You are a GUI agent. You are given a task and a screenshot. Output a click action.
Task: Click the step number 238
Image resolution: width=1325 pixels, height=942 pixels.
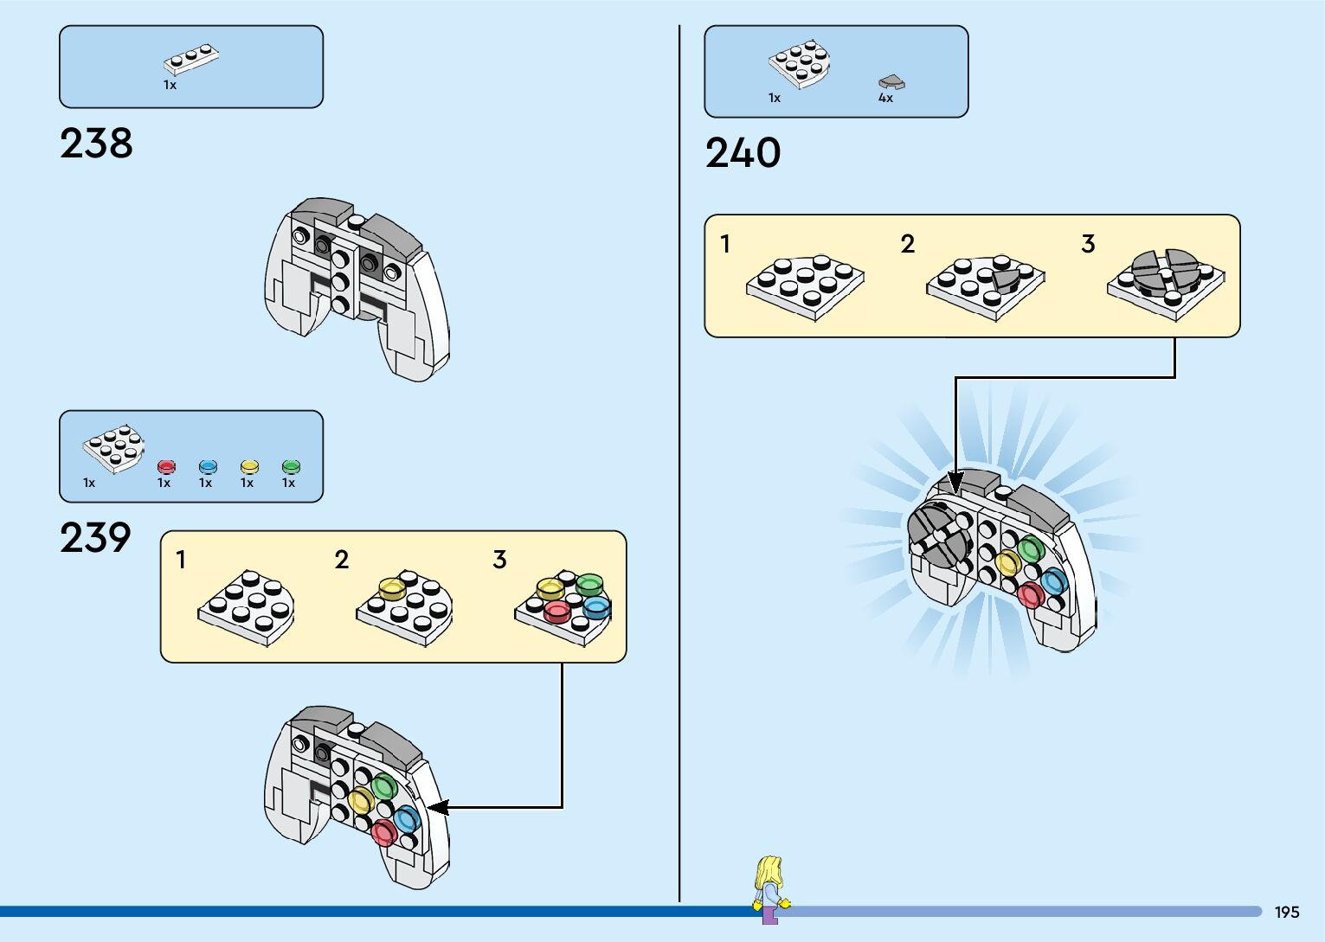96,144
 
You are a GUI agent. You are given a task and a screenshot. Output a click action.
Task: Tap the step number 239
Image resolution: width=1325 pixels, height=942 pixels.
95,538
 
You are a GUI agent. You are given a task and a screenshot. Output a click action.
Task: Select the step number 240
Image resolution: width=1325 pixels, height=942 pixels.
743,153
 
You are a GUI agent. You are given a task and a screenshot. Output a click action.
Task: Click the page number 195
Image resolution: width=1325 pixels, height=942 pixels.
1286,912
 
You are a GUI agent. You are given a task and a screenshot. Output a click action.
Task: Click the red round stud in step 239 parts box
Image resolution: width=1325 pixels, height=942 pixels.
166,467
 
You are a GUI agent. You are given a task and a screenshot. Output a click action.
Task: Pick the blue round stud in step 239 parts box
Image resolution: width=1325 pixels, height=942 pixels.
208,467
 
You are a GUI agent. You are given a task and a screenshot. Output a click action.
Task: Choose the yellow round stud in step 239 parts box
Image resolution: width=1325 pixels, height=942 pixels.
249,467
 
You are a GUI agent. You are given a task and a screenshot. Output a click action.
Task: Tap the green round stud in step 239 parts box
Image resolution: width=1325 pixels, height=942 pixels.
291,467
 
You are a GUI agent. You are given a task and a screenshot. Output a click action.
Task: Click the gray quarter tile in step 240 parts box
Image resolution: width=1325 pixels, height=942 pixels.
891,83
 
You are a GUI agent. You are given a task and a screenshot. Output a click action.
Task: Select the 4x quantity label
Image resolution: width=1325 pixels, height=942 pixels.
885,99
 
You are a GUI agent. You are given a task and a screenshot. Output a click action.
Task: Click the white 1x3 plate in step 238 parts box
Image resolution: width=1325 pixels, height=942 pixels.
191,59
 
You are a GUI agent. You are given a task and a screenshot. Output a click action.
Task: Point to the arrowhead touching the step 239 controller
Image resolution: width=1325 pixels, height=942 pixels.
437,807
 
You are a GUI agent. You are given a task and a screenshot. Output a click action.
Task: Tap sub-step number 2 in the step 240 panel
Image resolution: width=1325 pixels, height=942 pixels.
907,244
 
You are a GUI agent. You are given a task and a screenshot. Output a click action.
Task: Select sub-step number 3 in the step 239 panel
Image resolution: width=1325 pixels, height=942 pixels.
499,560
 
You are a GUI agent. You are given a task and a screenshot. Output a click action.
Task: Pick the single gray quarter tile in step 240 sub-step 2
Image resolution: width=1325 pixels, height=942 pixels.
1006,279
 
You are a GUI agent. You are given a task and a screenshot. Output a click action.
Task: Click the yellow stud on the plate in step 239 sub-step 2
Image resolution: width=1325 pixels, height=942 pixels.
392,588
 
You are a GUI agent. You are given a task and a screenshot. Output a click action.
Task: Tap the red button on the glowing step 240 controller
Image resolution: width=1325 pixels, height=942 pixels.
1030,594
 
